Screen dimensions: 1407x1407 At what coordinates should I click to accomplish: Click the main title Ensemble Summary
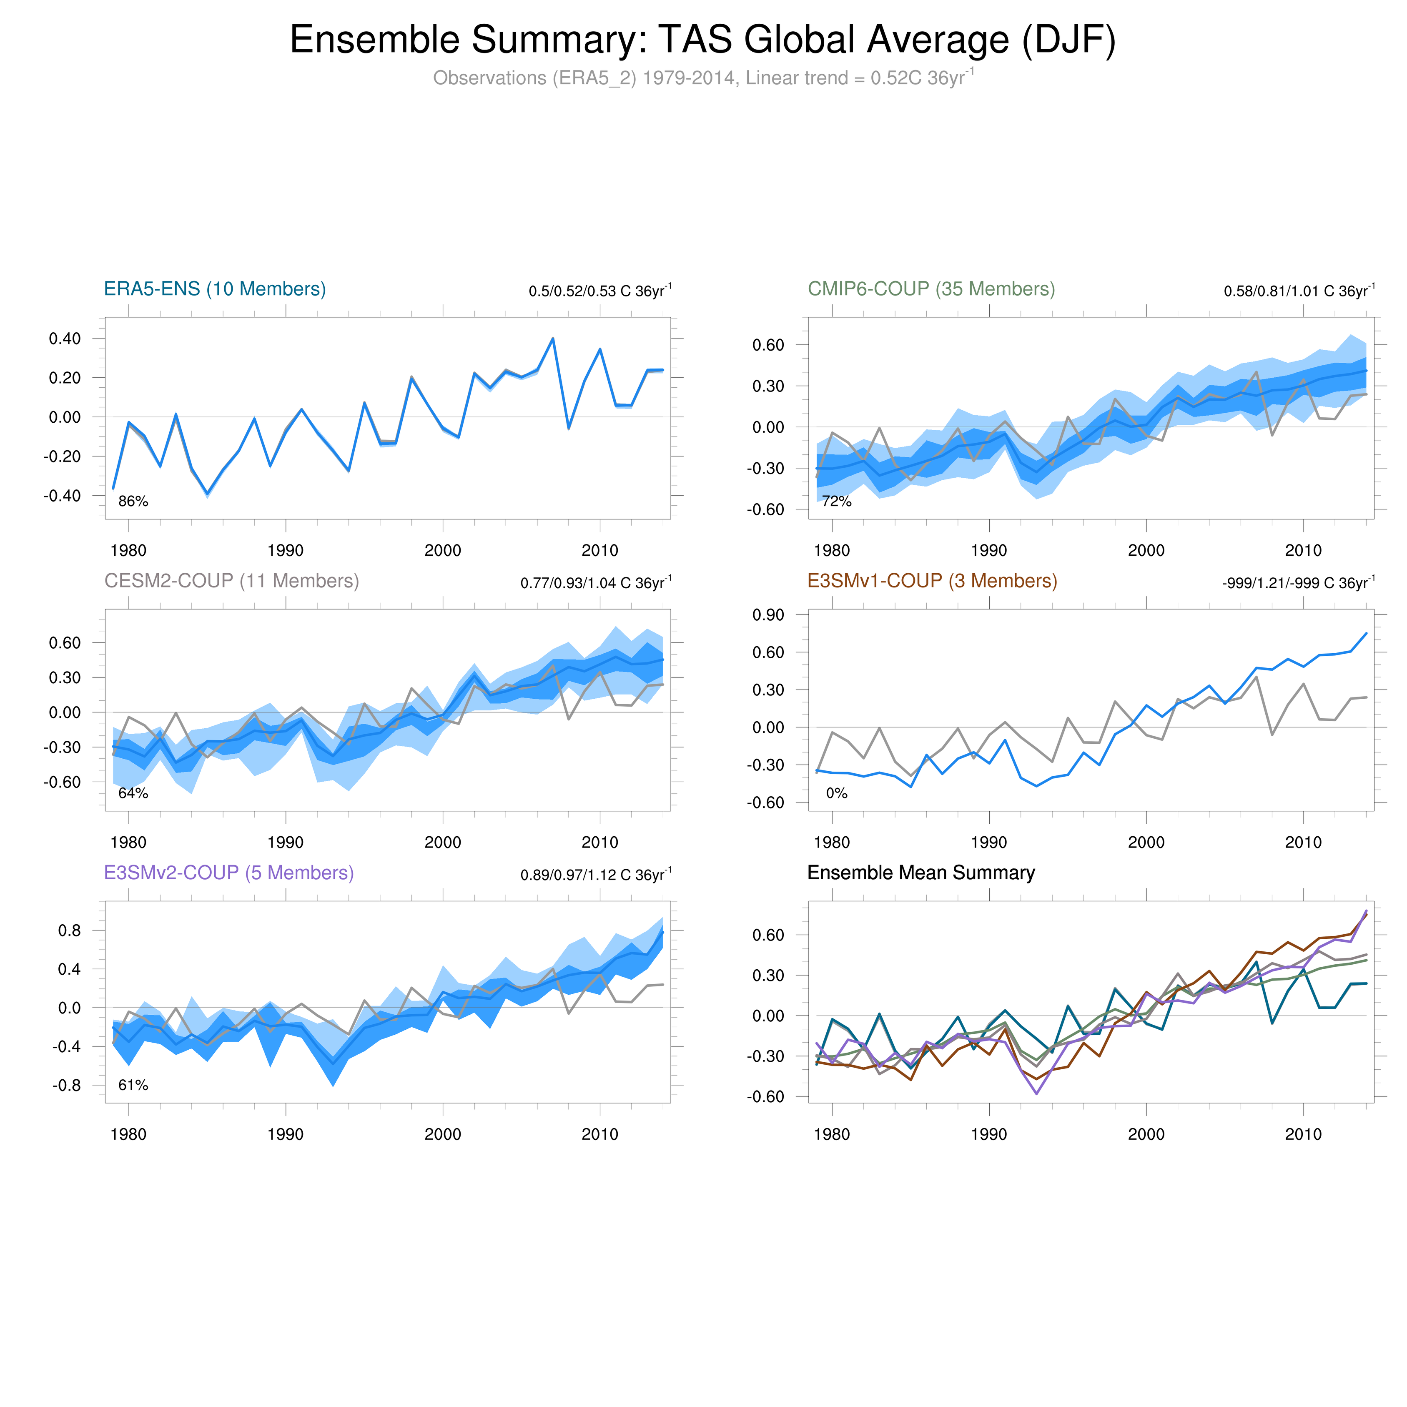tap(703, 40)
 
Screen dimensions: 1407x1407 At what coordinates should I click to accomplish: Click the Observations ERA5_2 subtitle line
tap(703, 78)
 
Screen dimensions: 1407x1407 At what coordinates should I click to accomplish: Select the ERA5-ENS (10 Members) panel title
tap(215, 289)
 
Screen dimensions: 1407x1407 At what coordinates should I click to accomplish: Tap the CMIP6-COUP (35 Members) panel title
tap(931, 289)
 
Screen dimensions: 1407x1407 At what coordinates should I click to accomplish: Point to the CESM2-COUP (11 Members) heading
tap(232, 581)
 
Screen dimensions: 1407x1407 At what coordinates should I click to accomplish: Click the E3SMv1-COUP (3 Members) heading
tap(932, 581)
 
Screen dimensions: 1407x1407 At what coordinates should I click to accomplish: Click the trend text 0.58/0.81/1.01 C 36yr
tap(1299, 291)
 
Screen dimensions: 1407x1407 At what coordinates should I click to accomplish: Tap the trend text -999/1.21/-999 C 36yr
tap(1299, 583)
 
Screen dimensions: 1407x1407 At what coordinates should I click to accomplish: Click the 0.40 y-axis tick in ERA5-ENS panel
tap(65, 339)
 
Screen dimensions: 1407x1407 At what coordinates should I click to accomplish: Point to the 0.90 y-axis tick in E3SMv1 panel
tap(768, 615)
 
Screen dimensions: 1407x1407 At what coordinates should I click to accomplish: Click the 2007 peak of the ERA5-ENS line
tap(553, 338)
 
